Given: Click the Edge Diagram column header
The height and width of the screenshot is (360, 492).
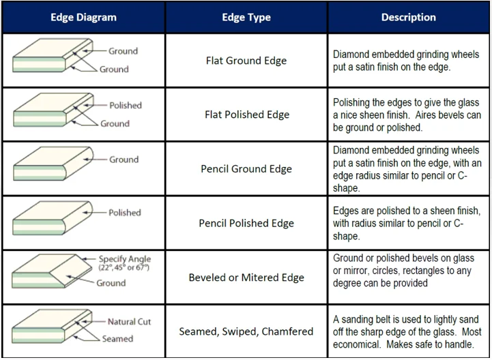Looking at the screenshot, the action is [x=83, y=18].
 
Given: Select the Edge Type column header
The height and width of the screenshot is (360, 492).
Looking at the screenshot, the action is [x=246, y=18].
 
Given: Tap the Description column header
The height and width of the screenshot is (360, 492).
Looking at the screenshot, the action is [x=408, y=18].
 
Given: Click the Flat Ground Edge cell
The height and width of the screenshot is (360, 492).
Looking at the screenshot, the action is [x=246, y=60].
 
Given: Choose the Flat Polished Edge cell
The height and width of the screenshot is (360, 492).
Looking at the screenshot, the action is [x=246, y=115].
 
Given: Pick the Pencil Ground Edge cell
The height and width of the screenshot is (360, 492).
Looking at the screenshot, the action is [x=246, y=168].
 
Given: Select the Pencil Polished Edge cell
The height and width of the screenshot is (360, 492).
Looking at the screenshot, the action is [x=246, y=223].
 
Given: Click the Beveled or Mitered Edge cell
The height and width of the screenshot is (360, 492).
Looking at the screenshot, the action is [x=246, y=277].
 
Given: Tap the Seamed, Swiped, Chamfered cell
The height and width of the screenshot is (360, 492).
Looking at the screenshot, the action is [x=246, y=331].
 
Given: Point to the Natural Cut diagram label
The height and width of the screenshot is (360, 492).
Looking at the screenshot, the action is [x=129, y=322].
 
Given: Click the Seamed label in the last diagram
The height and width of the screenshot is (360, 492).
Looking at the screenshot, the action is [x=117, y=339].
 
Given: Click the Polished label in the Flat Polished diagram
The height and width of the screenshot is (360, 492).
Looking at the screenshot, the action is [x=126, y=106].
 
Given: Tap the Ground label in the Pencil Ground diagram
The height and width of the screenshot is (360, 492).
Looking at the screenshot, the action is [x=124, y=160].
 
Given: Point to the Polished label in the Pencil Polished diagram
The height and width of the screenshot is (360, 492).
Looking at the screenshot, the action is [x=125, y=213].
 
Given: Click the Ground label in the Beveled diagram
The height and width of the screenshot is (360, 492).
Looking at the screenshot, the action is [x=111, y=283].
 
